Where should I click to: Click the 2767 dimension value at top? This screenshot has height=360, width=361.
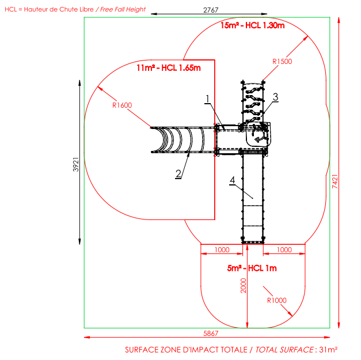click(x=211, y=10)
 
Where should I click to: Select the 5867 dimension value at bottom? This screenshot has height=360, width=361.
click(x=211, y=334)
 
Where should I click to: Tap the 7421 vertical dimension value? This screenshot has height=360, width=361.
click(x=335, y=181)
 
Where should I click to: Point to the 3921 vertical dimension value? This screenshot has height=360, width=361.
click(x=76, y=165)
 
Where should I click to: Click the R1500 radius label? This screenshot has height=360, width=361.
click(x=282, y=62)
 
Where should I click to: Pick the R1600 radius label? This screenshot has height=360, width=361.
click(x=122, y=105)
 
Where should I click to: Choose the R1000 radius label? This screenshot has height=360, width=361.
click(x=276, y=300)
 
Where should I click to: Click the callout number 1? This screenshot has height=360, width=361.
click(x=208, y=99)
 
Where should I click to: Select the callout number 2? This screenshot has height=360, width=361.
click(x=178, y=174)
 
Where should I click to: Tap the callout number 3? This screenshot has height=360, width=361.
click(x=275, y=97)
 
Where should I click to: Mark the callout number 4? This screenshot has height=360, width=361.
click(x=232, y=180)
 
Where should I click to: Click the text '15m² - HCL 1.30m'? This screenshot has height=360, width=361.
click(x=253, y=25)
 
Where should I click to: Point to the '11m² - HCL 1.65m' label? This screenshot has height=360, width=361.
click(x=169, y=68)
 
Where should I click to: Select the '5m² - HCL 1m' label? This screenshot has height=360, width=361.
click(x=252, y=268)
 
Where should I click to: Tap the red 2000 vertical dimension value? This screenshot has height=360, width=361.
click(x=244, y=286)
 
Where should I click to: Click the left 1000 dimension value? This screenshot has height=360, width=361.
click(x=222, y=250)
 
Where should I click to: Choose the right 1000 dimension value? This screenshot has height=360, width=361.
click(x=284, y=250)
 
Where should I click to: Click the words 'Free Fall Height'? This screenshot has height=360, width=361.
click(x=123, y=9)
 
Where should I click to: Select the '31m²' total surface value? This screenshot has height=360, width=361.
click(x=328, y=350)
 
